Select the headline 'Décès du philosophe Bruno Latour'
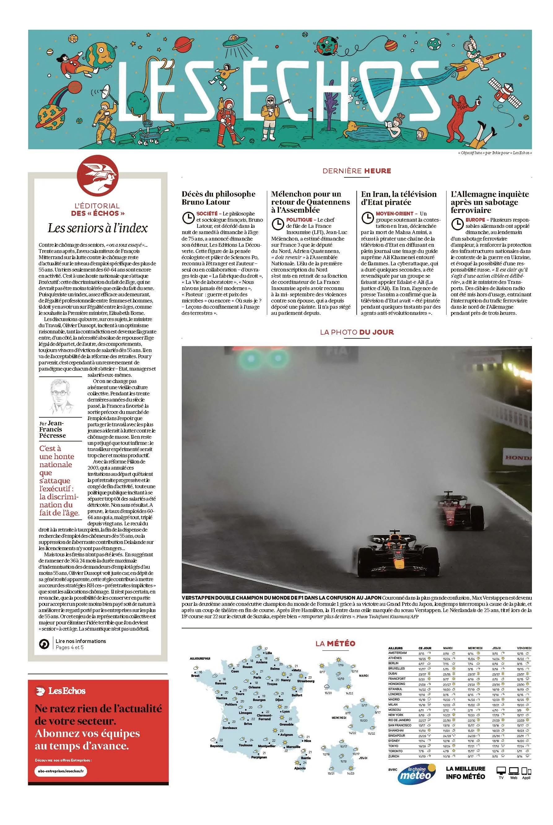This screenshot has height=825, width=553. pyautogui.click(x=218, y=198)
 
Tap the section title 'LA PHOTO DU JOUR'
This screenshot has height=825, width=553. pyautogui.click(x=357, y=332)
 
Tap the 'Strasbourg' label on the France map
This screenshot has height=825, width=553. pyautogui.click(x=305, y=681)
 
